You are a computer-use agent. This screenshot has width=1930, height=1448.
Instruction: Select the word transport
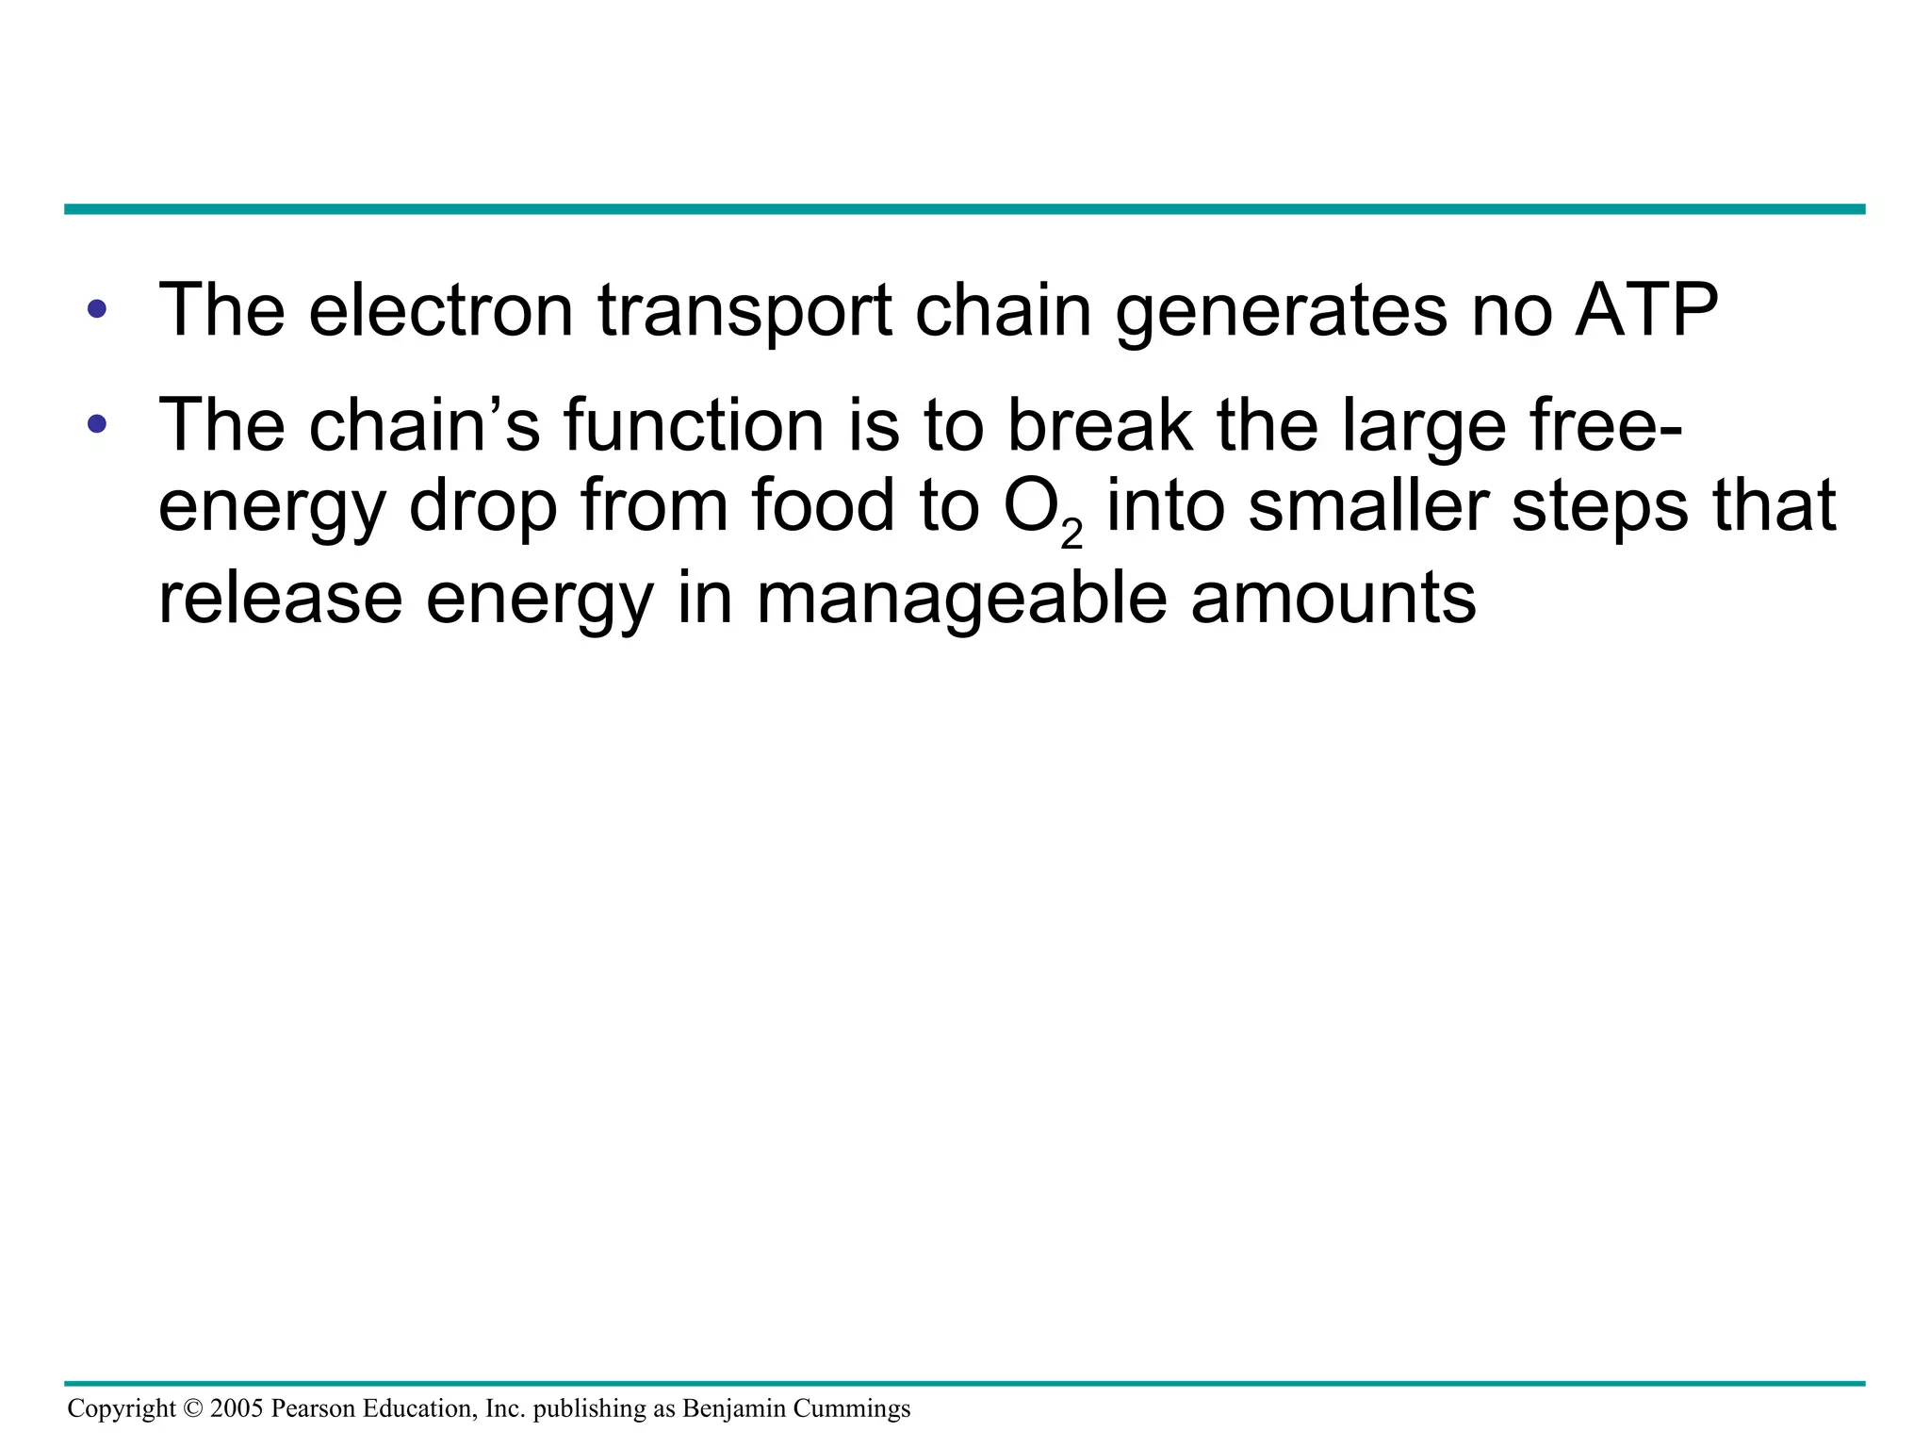pyautogui.click(x=744, y=311)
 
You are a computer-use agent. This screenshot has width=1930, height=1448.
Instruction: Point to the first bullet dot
pyautogui.click(x=96, y=309)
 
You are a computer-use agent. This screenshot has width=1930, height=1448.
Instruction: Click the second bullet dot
pyautogui.click(x=96, y=424)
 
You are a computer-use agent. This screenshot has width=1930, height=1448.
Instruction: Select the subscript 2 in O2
pyautogui.click(x=1071, y=535)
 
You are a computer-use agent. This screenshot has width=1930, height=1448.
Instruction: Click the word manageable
pyautogui.click(x=961, y=600)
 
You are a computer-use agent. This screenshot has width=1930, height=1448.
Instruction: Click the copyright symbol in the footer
pyautogui.click(x=193, y=1408)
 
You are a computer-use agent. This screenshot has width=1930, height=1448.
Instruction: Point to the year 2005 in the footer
pyautogui.click(x=237, y=1408)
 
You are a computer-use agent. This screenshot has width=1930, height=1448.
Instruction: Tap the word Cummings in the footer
pyautogui.click(x=852, y=1409)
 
